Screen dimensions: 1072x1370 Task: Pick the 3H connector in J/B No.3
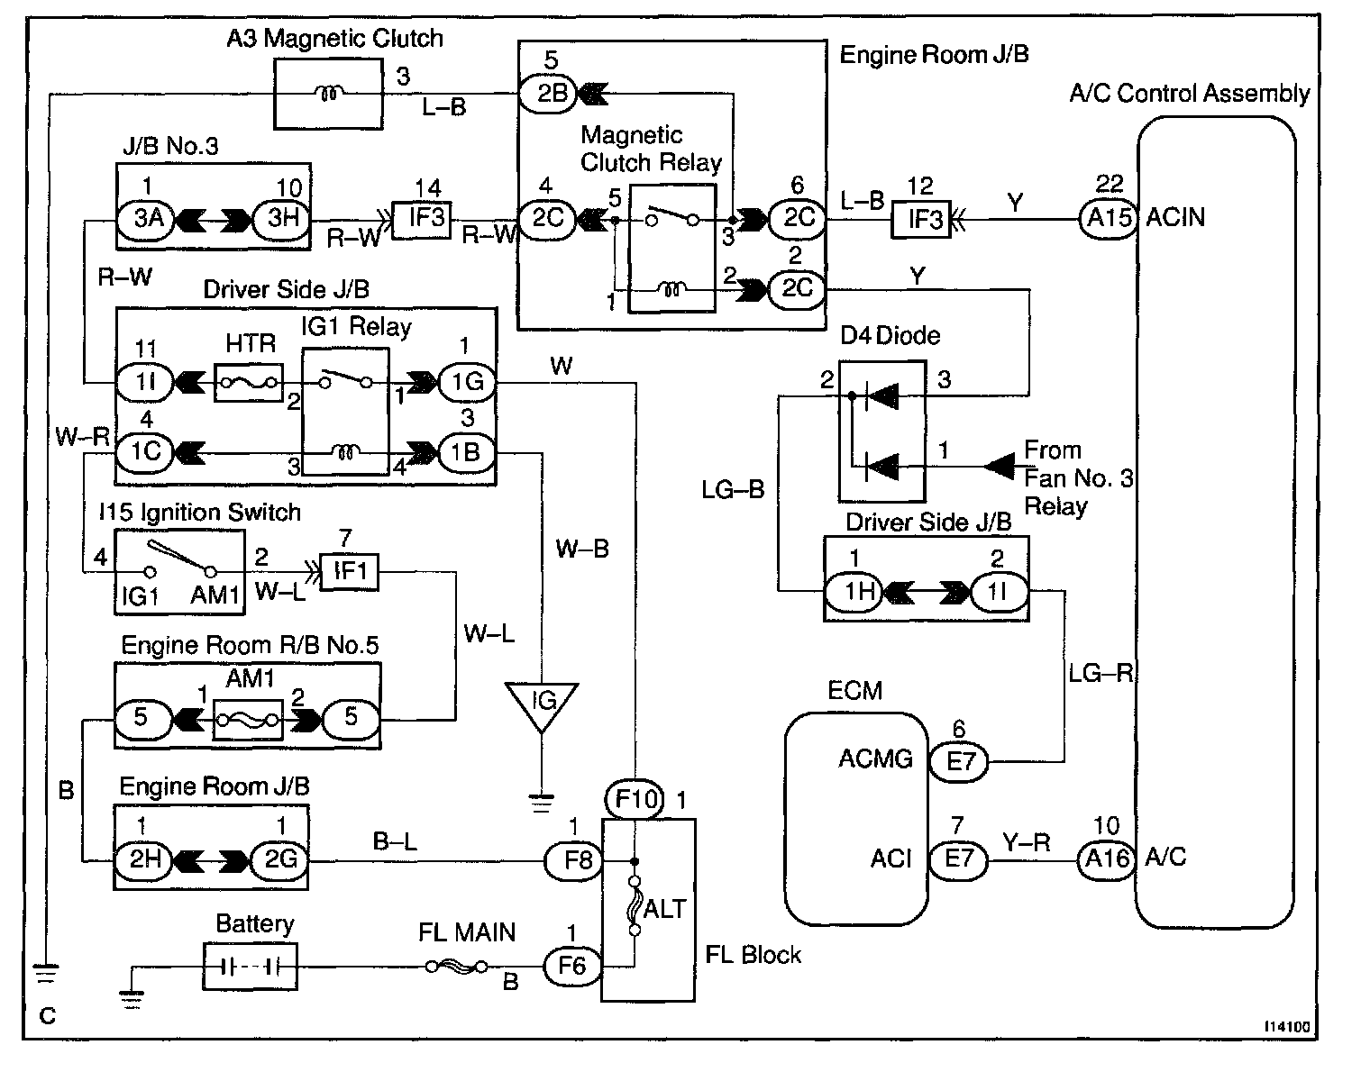point(279,219)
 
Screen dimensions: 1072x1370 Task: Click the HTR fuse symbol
point(248,383)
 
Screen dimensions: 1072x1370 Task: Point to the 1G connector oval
point(466,383)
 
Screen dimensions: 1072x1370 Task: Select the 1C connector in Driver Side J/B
point(145,450)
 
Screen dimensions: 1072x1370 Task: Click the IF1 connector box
point(350,570)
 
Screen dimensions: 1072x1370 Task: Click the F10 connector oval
point(635,799)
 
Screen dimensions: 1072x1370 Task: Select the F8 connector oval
point(572,861)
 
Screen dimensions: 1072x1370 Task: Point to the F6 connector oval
point(571,967)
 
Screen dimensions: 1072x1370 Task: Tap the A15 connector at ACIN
point(1108,217)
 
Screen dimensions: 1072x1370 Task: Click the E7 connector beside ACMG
point(961,762)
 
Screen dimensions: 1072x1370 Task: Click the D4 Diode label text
point(890,336)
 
